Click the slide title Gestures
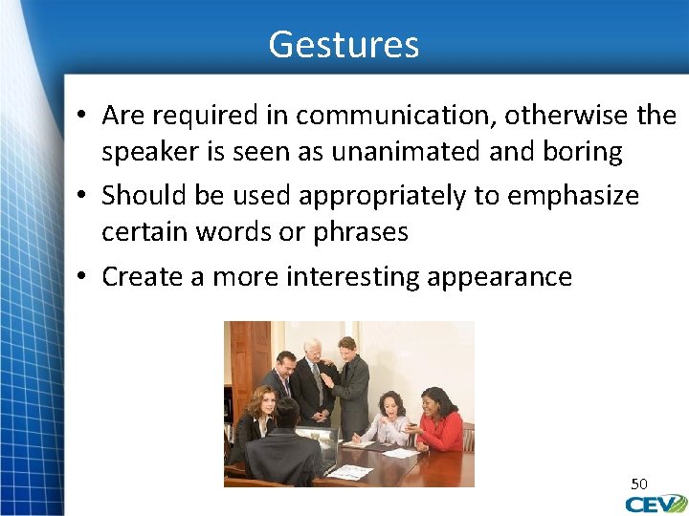[x=344, y=45]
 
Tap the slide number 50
[x=638, y=483]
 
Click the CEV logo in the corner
[x=656, y=504]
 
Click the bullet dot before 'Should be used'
[x=84, y=195]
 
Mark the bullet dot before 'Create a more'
[x=84, y=277]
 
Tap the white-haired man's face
[x=313, y=351]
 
